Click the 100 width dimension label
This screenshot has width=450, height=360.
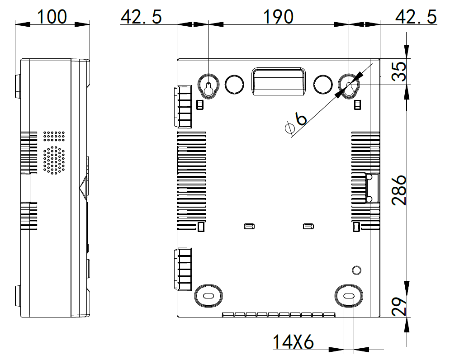(52, 17)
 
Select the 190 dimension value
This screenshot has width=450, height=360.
(279, 17)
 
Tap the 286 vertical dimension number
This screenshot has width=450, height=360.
(399, 190)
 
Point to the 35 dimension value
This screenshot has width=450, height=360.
(399, 71)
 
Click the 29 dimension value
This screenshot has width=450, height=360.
(399, 307)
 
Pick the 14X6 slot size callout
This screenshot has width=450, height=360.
(293, 341)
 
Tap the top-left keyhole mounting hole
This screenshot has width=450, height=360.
(208, 86)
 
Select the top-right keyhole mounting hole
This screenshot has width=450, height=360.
(349, 86)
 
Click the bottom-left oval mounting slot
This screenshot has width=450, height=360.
(208, 296)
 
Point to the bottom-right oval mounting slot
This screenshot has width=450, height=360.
(349, 296)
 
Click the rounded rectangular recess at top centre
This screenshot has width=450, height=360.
(279, 81)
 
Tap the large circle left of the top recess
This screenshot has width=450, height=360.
(234, 85)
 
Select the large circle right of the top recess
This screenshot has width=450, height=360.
(323, 85)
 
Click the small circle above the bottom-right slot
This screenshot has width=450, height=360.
(356, 270)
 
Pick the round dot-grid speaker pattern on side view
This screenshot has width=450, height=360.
(54, 160)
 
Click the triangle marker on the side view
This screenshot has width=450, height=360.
(84, 187)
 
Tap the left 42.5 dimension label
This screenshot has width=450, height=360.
(141, 17)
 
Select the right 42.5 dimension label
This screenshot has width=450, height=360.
(416, 17)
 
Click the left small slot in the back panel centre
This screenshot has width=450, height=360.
(249, 227)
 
